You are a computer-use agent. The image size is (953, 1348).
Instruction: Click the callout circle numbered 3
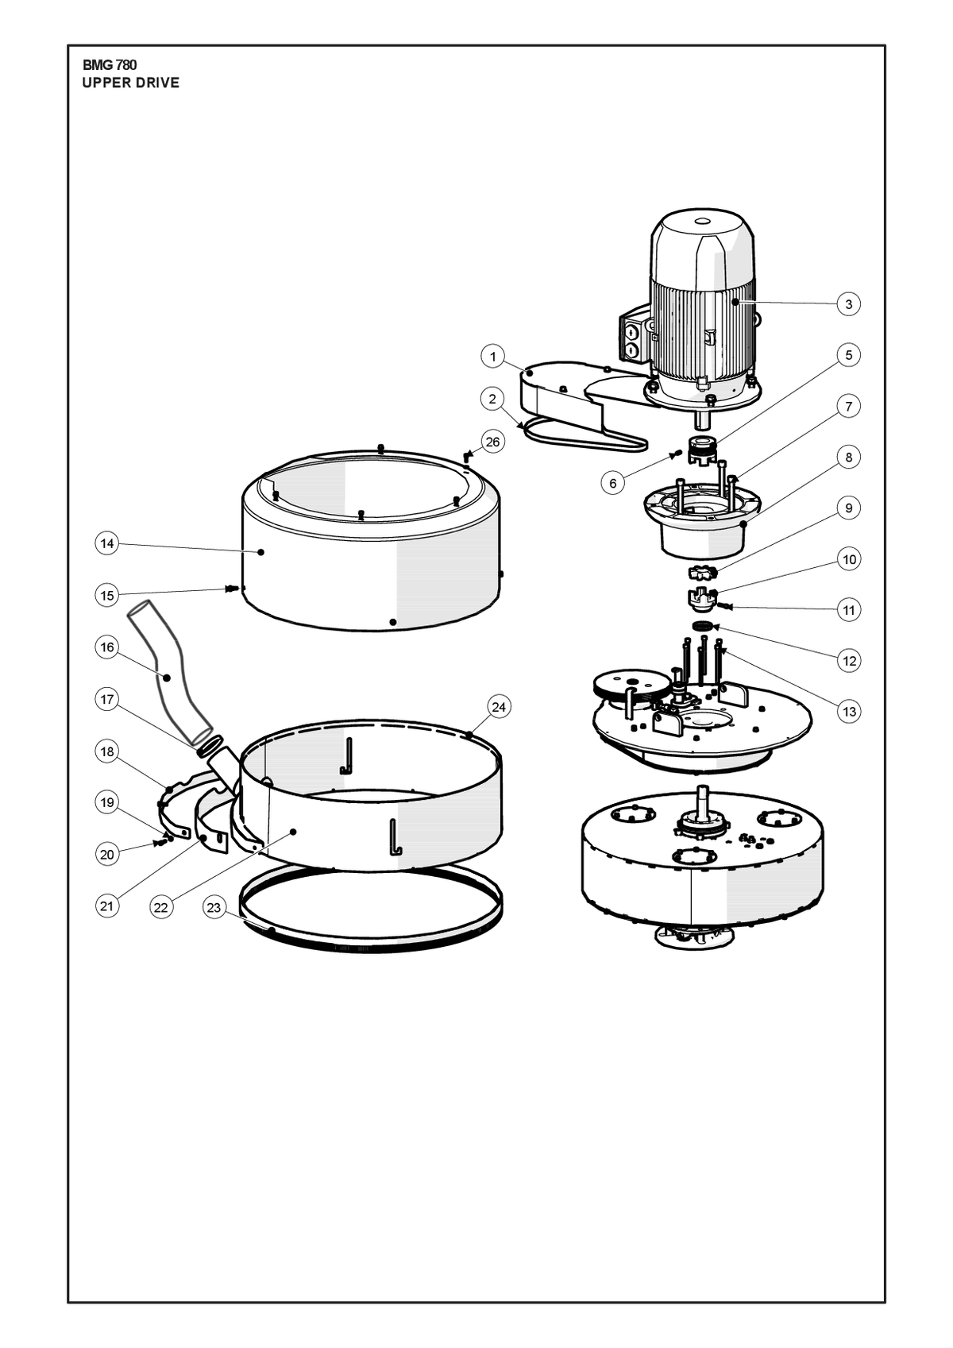[x=848, y=304]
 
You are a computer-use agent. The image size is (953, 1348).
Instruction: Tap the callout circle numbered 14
[x=107, y=544]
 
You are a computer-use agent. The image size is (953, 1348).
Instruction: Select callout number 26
[x=492, y=442]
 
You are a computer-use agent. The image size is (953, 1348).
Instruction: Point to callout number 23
[x=214, y=907]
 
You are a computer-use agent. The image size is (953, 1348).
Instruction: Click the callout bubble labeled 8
[x=848, y=457]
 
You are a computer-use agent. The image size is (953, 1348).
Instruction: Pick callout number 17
[x=107, y=699]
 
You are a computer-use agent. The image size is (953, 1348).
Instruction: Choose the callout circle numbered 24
[x=499, y=707]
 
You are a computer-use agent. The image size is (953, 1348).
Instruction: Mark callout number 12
[x=848, y=661]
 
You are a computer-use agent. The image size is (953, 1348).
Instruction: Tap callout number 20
[x=107, y=855]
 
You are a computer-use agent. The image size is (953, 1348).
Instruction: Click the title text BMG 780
[x=110, y=65]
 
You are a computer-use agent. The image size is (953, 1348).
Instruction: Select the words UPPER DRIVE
[x=130, y=83]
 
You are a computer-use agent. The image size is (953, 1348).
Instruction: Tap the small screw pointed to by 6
[x=676, y=454]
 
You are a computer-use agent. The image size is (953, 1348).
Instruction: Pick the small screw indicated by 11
[x=723, y=607]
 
